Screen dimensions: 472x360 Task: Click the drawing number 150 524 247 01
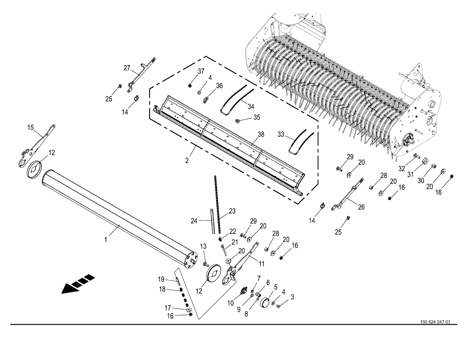(435, 322)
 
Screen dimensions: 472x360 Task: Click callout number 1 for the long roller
(106, 240)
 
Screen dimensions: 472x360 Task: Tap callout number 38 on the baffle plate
(261, 135)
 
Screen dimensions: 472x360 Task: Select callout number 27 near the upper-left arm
(127, 68)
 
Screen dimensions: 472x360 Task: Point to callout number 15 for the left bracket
(31, 128)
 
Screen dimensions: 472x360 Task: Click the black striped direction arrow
(79, 284)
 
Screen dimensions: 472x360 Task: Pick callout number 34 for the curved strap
(251, 106)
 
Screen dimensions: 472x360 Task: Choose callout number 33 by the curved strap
(281, 134)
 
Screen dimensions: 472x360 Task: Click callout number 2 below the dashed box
(187, 160)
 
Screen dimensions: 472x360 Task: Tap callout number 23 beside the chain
(232, 211)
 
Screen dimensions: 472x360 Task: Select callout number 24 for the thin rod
(194, 221)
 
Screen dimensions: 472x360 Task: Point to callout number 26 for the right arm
(361, 207)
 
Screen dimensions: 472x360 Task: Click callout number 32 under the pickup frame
(401, 169)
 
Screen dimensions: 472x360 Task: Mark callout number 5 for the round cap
(275, 287)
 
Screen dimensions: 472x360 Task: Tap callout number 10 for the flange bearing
(231, 303)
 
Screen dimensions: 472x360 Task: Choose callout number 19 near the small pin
(161, 280)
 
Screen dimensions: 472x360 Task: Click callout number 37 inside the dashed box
(201, 72)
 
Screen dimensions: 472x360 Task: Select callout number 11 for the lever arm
(261, 264)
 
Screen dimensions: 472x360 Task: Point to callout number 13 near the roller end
(203, 246)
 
